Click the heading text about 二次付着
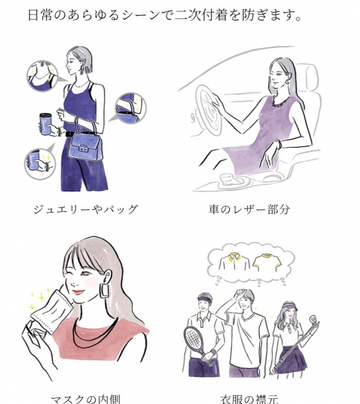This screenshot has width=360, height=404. click(164, 14)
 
